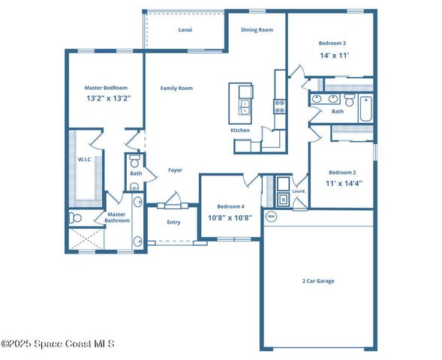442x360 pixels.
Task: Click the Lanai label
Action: pyautogui.click(x=185, y=30)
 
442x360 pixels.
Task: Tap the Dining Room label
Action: pyautogui.click(x=256, y=30)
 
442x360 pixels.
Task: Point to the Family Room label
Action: pyautogui.click(x=176, y=88)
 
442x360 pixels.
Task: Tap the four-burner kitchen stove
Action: pyautogui.click(x=280, y=106)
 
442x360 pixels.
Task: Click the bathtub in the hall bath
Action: pyautogui.click(x=365, y=108)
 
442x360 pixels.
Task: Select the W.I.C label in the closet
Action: pyautogui.click(x=84, y=159)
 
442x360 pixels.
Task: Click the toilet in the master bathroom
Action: pyautogui.click(x=74, y=218)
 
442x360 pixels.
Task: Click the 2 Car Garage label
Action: pyautogui.click(x=318, y=281)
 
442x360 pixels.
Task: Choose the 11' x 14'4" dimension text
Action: pyautogui.click(x=342, y=183)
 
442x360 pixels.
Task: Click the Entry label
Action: pyautogui.click(x=173, y=222)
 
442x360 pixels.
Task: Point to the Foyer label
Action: pyautogui.click(x=175, y=170)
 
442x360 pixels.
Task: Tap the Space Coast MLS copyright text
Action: pyautogui.click(x=59, y=344)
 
